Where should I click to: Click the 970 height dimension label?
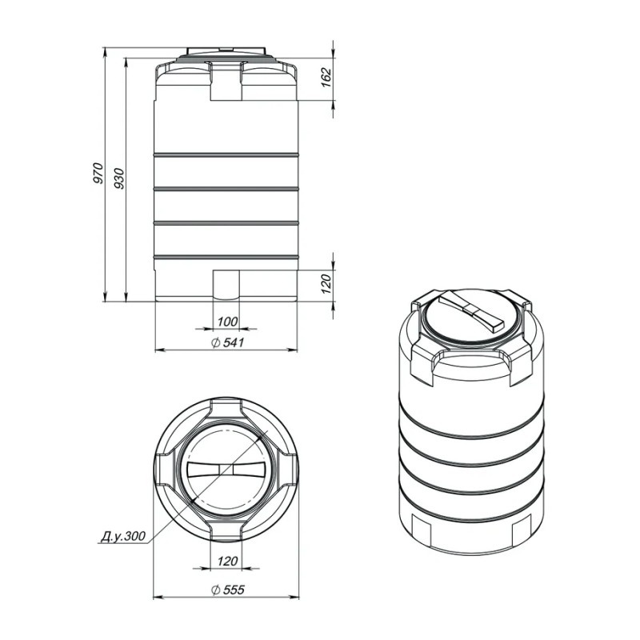(98, 173)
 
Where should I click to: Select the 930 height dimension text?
(118, 178)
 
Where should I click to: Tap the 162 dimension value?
(326, 78)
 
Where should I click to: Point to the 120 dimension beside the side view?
(326, 284)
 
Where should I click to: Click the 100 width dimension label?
(227, 322)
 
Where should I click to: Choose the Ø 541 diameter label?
(228, 342)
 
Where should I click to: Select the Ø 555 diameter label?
(228, 590)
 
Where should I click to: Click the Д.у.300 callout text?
(123, 535)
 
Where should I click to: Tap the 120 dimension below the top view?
(227, 561)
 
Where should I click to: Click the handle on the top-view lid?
(226, 470)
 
